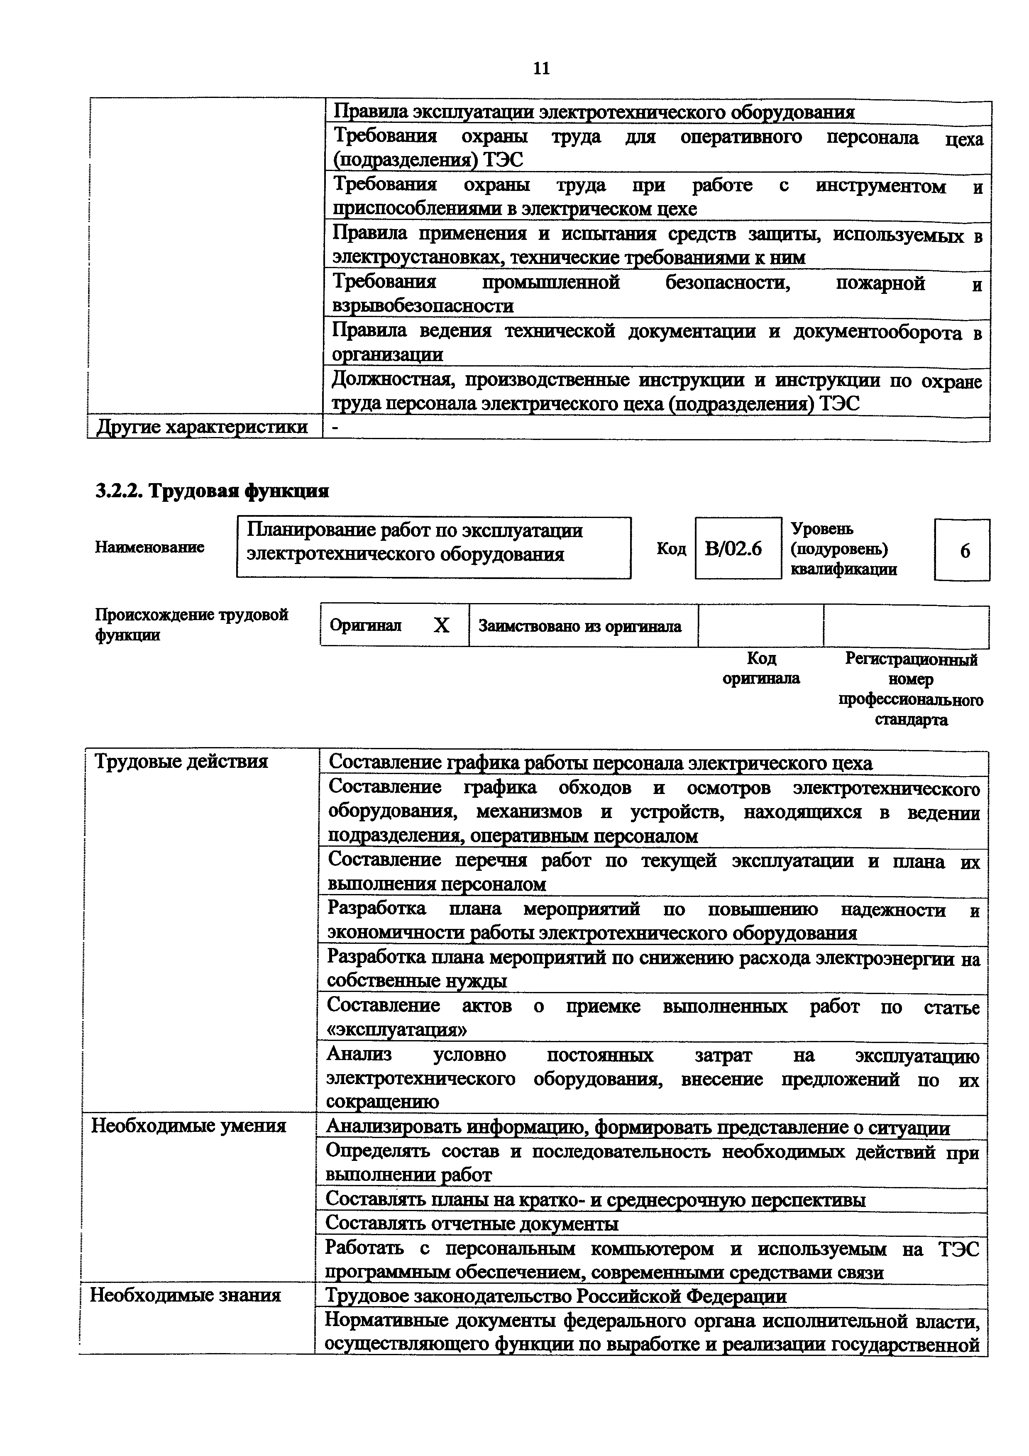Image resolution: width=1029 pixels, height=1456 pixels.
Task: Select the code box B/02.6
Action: pyautogui.click(x=737, y=548)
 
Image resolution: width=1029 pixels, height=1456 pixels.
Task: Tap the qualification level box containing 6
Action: pyautogui.click(x=961, y=550)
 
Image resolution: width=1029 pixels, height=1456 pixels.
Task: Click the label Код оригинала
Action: pyautogui.click(x=761, y=668)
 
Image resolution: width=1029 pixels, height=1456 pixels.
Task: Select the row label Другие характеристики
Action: pyautogui.click(x=202, y=428)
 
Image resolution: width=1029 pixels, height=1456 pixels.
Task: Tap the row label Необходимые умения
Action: pyautogui.click(x=189, y=1126)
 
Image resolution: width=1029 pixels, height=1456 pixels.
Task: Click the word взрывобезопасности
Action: pyautogui.click(x=423, y=306)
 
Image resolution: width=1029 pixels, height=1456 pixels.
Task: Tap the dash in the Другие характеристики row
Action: pyautogui.click(x=335, y=428)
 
